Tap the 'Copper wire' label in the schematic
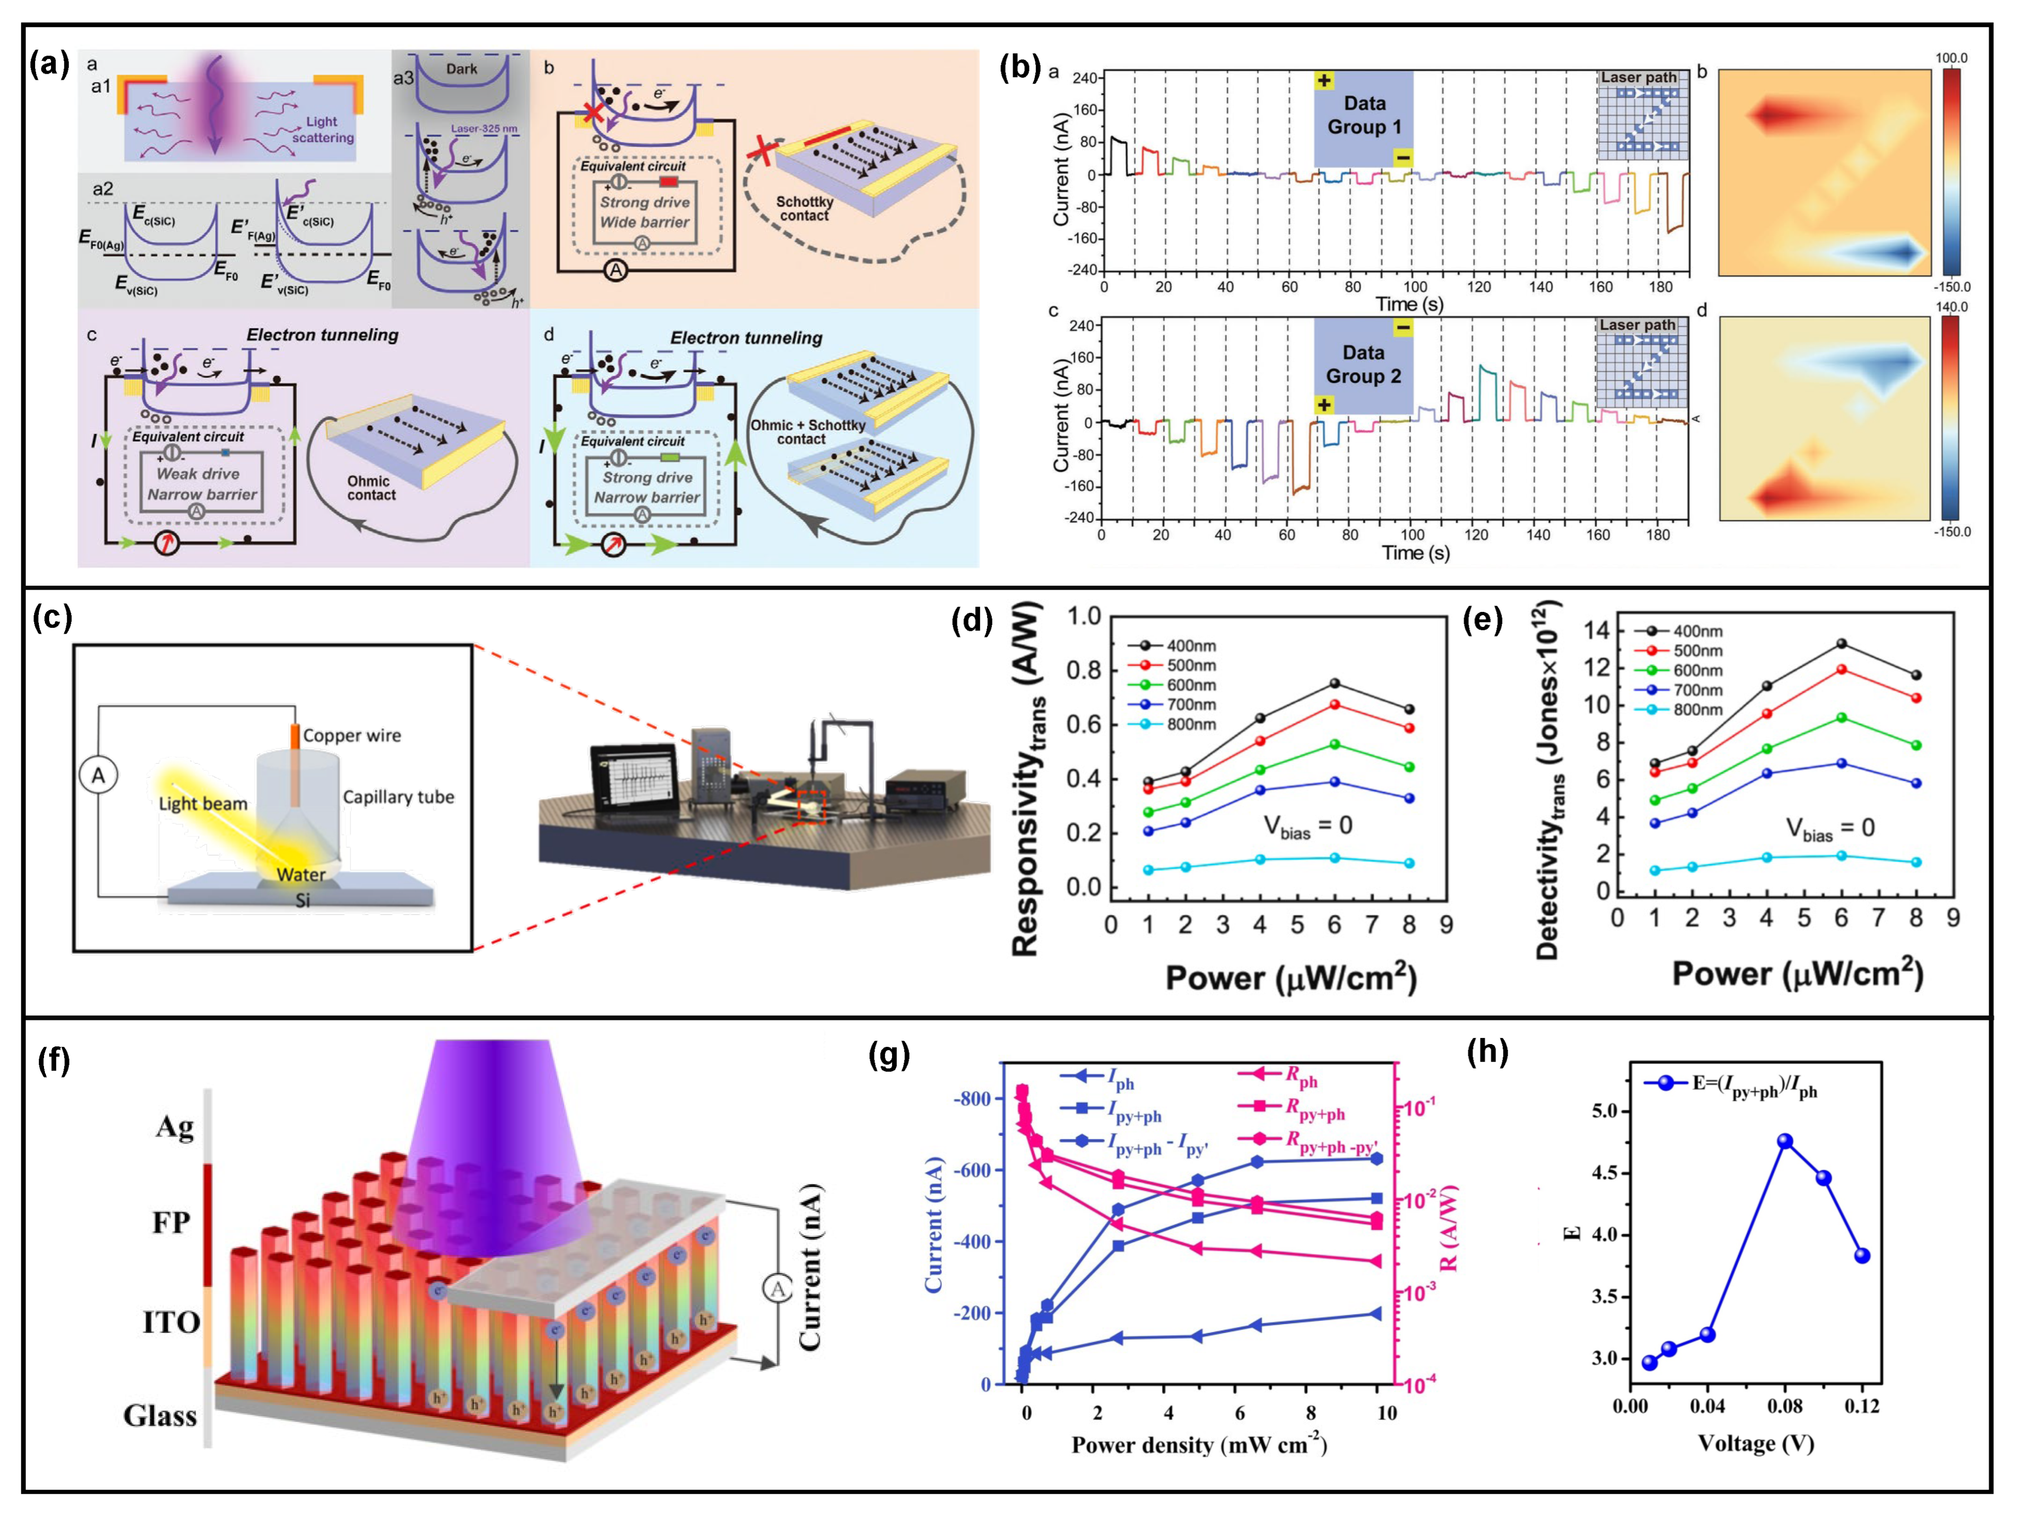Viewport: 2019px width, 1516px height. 351,736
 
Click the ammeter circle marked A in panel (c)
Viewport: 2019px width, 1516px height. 98,776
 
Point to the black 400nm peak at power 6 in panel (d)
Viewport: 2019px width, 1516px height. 1335,684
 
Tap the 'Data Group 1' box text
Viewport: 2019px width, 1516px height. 1363,115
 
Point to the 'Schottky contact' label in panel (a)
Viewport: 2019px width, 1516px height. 804,208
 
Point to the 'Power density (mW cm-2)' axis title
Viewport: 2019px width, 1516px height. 1198,1444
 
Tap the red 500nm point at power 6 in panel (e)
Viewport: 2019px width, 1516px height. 1841,669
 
